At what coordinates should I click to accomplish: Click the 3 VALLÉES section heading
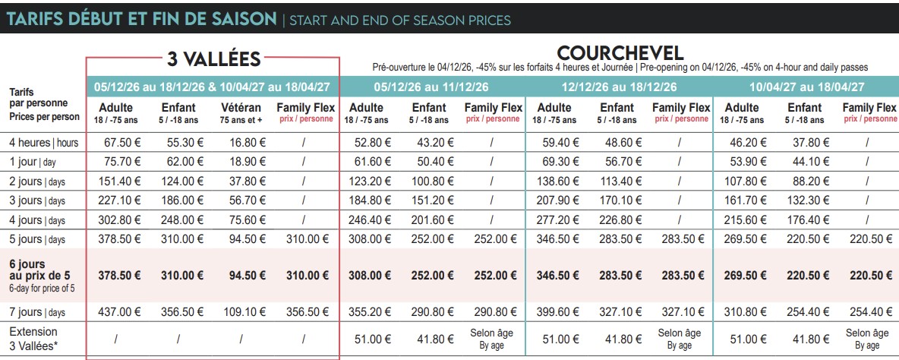click(x=214, y=58)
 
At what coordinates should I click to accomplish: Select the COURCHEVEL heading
click(x=620, y=53)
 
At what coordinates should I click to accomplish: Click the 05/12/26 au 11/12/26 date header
click(x=432, y=87)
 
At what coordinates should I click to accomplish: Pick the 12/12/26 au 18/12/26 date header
click(x=620, y=87)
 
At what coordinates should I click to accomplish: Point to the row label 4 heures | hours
click(x=43, y=143)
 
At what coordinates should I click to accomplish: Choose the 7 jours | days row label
click(x=36, y=312)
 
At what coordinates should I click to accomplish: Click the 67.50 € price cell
click(x=122, y=143)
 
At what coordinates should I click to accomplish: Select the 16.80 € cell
click(x=247, y=143)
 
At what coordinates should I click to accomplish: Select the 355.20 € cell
click(x=370, y=312)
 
